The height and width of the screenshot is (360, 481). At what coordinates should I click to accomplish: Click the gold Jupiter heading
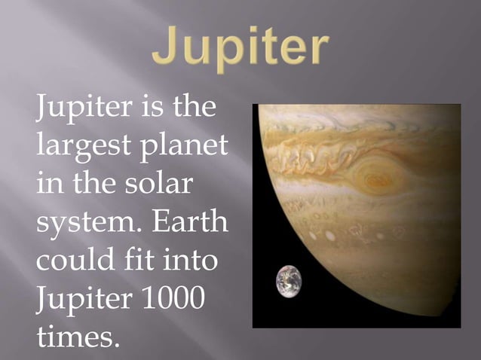point(240,48)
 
